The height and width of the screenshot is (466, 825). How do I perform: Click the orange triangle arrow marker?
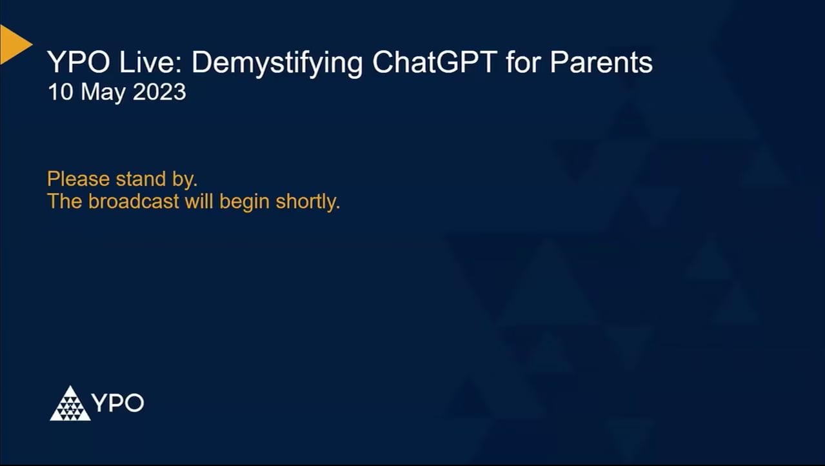click(13, 45)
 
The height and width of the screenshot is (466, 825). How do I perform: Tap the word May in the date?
click(104, 93)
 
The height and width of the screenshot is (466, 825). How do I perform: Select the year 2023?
click(159, 92)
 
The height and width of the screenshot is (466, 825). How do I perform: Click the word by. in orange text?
click(185, 179)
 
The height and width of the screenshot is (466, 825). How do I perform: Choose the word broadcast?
click(134, 201)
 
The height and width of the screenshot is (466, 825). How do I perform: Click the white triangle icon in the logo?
click(70, 404)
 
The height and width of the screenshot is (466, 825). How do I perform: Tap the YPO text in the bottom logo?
click(117, 404)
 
